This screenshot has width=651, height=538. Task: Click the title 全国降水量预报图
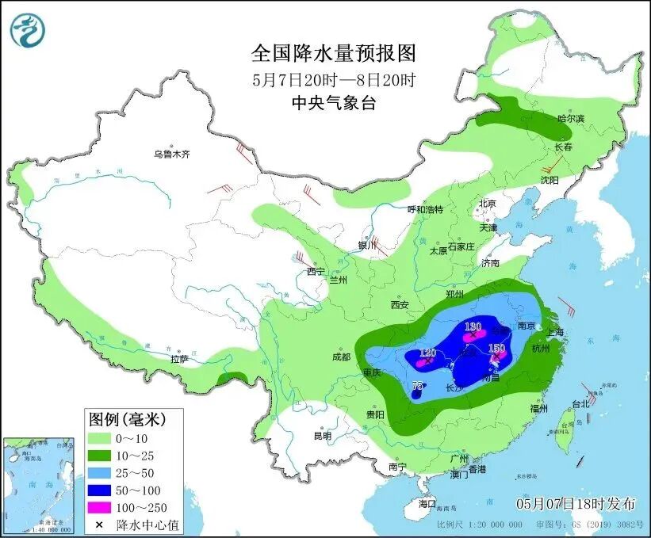(333, 53)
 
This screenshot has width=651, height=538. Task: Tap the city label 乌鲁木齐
(172, 154)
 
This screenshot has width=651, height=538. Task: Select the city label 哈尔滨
(570, 118)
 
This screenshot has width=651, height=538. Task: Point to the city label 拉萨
(179, 359)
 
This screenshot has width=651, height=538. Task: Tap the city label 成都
(341, 357)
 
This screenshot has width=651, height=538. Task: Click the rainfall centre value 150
(497, 348)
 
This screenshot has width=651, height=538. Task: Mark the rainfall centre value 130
(473, 326)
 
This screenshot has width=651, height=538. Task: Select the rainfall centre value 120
(427, 353)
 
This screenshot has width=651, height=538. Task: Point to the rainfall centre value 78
(418, 386)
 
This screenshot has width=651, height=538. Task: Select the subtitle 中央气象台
(333, 102)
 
